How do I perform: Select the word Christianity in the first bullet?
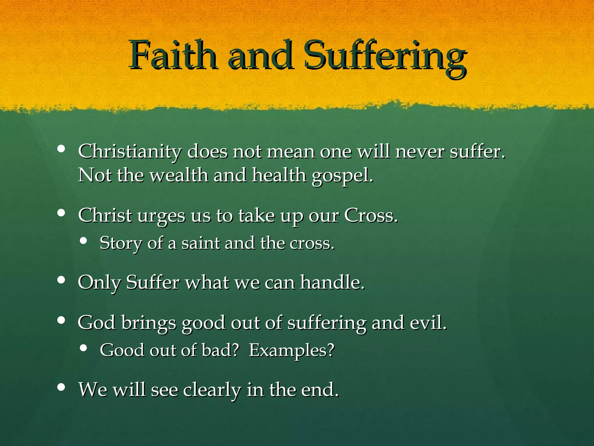(x=130, y=152)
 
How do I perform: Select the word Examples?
(x=291, y=350)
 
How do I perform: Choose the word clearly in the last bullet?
(x=212, y=390)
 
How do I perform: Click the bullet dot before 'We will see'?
(x=61, y=387)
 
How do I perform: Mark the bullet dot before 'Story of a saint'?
(x=84, y=240)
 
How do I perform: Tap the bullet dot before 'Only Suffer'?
(x=61, y=280)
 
